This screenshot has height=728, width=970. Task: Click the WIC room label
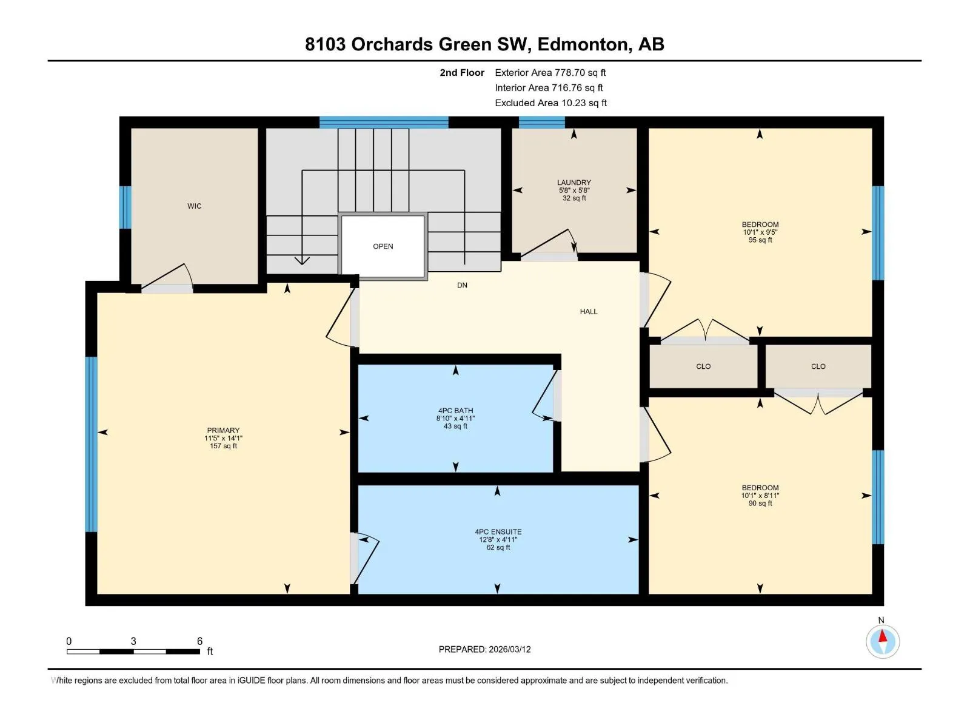click(194, 206)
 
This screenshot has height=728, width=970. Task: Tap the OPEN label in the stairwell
click(383, 246)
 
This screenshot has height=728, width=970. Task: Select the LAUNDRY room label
click(574, 182)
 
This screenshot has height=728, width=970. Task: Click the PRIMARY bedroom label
click(223, 430)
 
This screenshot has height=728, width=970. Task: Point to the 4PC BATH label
click(455, 411)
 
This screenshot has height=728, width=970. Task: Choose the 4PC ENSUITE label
click(498, 532)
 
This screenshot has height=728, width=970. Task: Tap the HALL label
click(588, 312)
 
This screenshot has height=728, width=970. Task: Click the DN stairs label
click(462, 285)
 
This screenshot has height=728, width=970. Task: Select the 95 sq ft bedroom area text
click(760, 240)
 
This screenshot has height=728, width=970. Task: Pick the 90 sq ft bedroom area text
click(760, 503)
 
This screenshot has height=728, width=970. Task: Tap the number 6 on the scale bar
click(199, 641)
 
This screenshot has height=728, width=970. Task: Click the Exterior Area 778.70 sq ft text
click(550, 72)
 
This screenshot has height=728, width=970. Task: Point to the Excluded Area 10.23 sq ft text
click(550, 103)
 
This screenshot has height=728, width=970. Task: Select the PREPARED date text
click(484, 649)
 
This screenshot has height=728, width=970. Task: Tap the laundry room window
click(541, 122)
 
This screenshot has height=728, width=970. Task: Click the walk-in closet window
click(125, 207)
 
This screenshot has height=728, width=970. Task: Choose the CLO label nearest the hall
click(703, 366)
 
